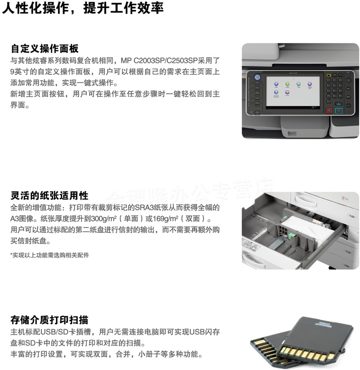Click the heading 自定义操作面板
point(45,49)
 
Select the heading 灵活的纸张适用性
point(49,196)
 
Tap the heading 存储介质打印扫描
point(49,321)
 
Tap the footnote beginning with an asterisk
point(49,255)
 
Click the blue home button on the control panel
point(257,77)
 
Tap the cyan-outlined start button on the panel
point(339,111)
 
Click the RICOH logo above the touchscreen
point(293,73)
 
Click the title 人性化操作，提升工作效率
point(83,8)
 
